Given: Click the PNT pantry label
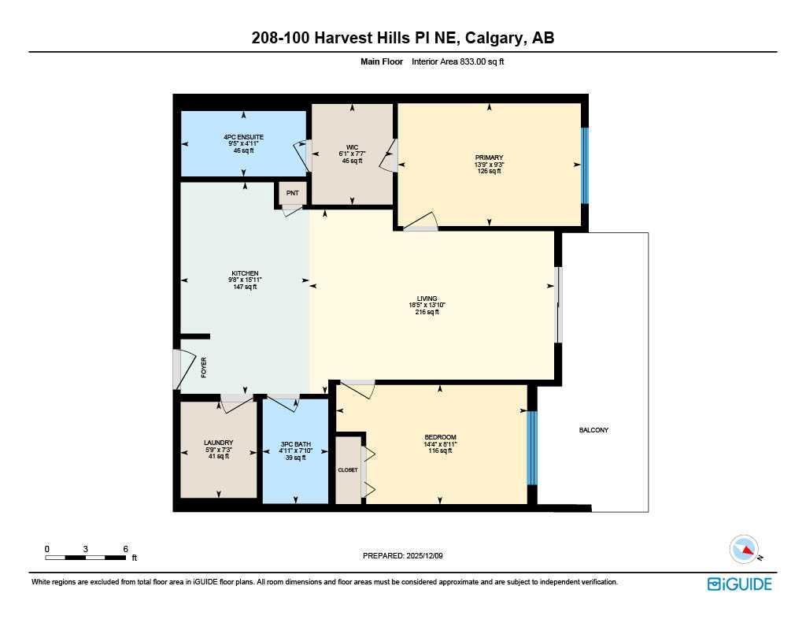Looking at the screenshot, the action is [292, 194].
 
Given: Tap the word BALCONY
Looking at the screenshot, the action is [593, 430].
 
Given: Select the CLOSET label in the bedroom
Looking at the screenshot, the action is [348, 470].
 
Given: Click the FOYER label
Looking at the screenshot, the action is [204, 368].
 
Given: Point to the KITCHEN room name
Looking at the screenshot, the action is [246, 273].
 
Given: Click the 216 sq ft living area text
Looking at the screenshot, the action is [427, 312].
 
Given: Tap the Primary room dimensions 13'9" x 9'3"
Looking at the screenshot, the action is [489, 165].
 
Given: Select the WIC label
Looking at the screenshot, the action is [352, 147].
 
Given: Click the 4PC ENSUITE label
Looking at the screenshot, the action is [244, 137].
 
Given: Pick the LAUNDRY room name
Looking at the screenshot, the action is [219, 443].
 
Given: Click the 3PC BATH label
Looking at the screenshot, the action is [296, 444].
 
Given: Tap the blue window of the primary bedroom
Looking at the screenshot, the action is [585, 165].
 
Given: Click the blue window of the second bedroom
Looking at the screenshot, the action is [532, 448].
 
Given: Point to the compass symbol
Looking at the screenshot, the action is [745, 550].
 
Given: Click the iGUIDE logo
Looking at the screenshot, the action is [740, 584].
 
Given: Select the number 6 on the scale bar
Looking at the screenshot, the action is [125, 549].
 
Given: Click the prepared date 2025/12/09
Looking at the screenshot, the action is [424, 555].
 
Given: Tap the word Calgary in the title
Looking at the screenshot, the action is [493, 38].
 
